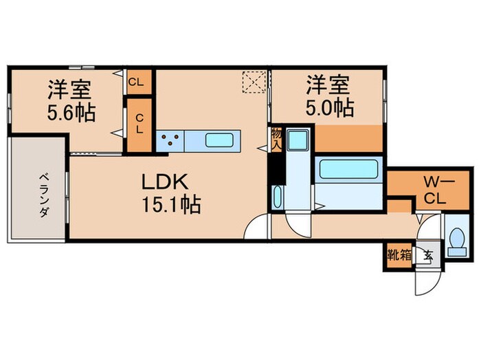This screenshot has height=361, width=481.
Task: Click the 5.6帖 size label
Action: (71, 111)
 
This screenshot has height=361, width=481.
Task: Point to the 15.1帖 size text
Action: (171, 205)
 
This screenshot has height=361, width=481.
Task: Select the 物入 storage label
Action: (276, 138)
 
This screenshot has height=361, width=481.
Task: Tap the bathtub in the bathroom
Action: (348, 169)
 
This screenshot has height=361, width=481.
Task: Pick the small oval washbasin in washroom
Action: (276, 197)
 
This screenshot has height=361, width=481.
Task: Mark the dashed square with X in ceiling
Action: (255, 82)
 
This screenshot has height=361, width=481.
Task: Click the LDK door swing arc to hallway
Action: (258, 227)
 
